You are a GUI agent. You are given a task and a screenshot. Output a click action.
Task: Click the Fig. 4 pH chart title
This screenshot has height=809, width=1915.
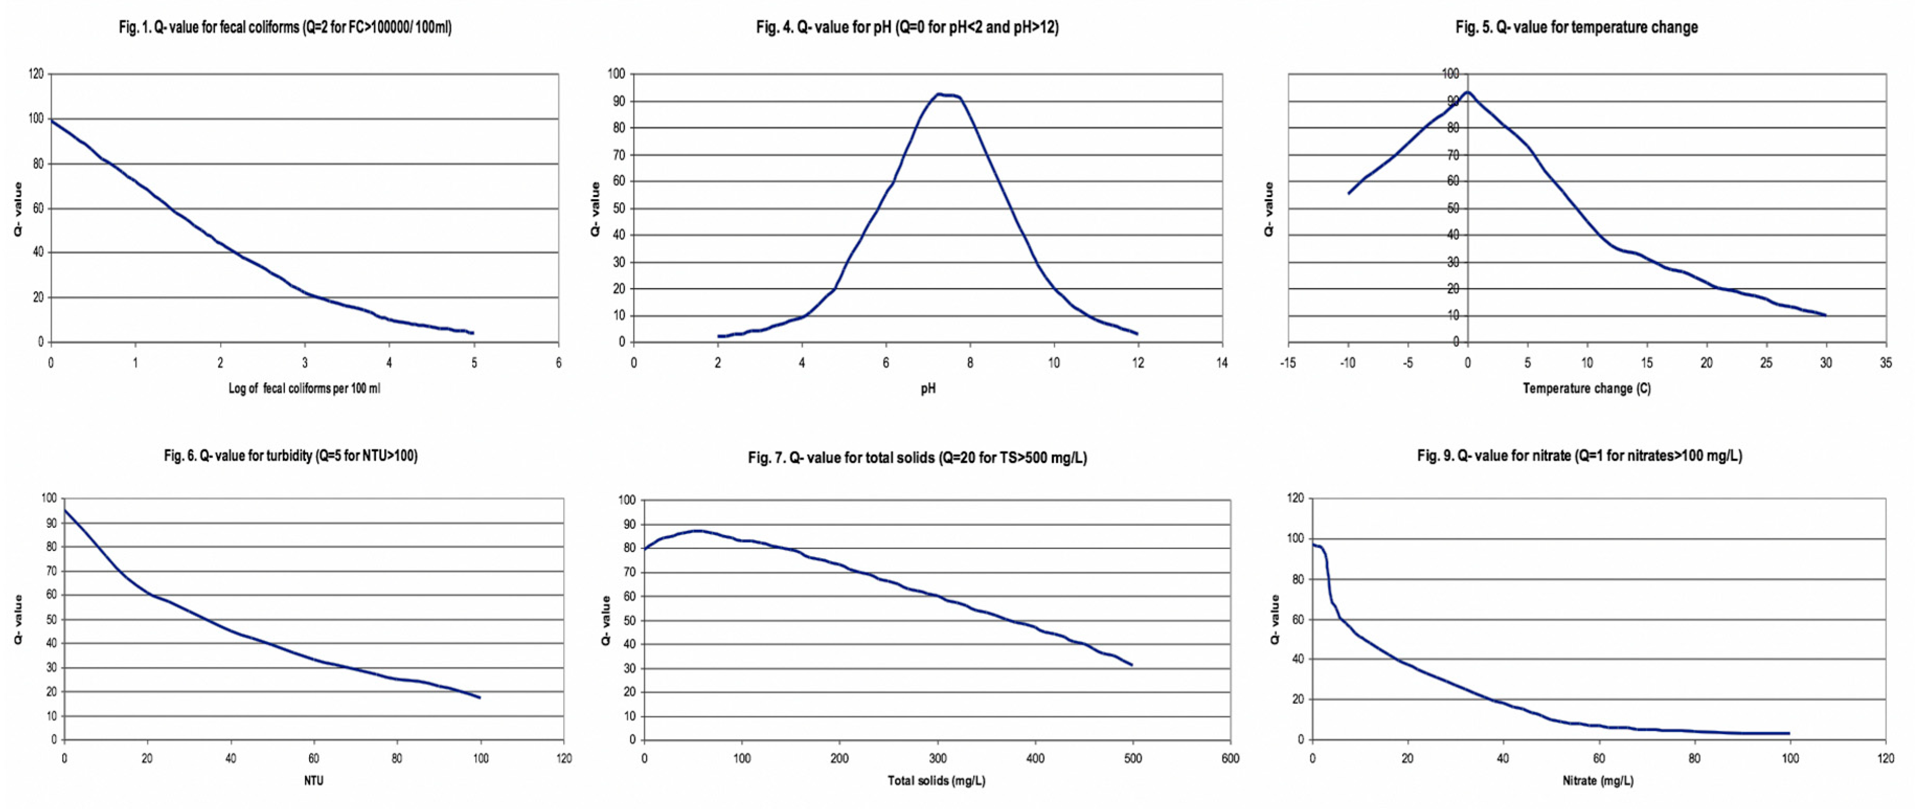(x=907, y=28)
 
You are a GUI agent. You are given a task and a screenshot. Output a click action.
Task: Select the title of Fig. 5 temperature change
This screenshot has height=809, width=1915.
(x=1576, y=28)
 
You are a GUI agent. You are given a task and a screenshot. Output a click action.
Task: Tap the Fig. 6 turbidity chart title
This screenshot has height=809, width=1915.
(x=291, y=455)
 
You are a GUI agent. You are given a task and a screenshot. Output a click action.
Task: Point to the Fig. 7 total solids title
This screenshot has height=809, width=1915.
(x=917, y=458)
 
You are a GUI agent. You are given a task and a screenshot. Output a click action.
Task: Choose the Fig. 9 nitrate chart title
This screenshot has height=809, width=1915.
(x=1579, y=455)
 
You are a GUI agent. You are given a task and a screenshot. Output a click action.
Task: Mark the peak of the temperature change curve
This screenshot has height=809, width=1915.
(x=1467, y=92)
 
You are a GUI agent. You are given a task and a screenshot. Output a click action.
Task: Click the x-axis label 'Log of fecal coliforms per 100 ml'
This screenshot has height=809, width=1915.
(x=304, y=388)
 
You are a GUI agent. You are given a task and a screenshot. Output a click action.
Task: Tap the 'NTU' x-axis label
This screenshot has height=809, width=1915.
(x=314, y=781)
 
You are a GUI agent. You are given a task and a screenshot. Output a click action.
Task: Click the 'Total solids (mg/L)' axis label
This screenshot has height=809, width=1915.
(x=936, y=781)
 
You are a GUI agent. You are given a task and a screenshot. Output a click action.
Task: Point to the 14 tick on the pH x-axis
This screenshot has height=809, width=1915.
(x=1222, y=363)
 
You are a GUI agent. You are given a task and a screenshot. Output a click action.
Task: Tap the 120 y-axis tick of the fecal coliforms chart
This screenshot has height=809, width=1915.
(x=36, y=74)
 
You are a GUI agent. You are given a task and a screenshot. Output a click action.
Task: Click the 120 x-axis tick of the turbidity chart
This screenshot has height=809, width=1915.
(x=564, y=758)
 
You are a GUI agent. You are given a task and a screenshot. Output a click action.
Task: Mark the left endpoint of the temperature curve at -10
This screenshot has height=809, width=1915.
(x=1349, y=194)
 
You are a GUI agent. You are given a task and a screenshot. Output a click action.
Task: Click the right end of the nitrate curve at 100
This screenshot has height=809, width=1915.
(x=1788, y=733)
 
